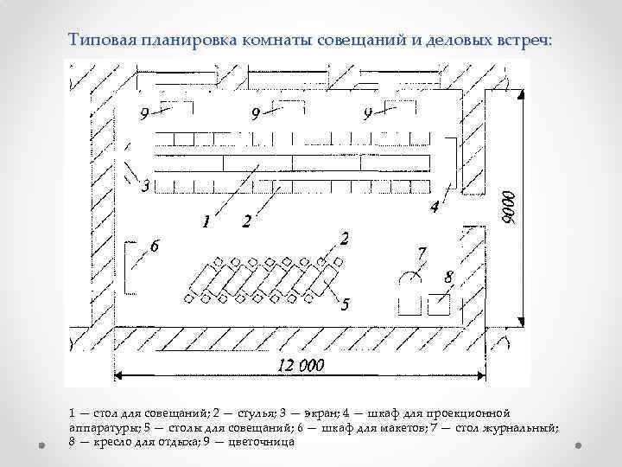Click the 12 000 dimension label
301,365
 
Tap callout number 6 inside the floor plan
155,246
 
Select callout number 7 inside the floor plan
421,253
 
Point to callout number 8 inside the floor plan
448,277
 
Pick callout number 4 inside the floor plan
434,208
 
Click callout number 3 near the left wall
145,186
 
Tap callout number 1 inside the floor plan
206,222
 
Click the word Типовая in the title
97,40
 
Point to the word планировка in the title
179,40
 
